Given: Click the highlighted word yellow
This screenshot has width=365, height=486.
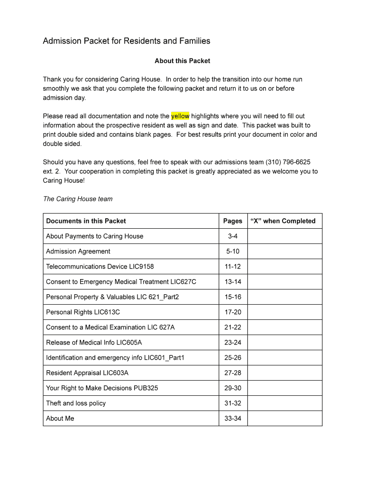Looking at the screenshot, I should [180, 116].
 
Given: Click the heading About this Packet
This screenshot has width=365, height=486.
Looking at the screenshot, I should [182, 61].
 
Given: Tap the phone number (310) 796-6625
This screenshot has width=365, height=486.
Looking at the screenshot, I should [288, 162].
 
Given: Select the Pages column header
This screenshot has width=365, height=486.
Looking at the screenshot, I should [233, 221].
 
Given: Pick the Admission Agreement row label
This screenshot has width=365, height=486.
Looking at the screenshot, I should [78, 251].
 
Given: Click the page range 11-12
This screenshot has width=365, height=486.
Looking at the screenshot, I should [233, 266].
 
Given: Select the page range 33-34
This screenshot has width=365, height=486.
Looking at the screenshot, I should [233, 418].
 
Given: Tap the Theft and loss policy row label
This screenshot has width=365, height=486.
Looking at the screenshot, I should [76, 403].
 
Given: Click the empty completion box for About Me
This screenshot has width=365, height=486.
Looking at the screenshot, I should [284, 418].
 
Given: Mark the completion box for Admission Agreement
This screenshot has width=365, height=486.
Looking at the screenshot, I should [284, 251].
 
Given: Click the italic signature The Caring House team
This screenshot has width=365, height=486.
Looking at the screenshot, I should [78, 199].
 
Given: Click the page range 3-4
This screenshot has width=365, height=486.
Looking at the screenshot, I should [233, 236].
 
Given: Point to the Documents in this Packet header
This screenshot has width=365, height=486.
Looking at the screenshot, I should [86, 221].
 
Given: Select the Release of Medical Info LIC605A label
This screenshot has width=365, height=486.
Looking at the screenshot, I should [94, 342].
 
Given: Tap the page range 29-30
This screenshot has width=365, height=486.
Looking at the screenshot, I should [233, 388].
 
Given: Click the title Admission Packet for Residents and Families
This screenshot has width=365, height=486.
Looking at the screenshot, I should [127, 41].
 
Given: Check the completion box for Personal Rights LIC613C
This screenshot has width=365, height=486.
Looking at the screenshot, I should [284, 312].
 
